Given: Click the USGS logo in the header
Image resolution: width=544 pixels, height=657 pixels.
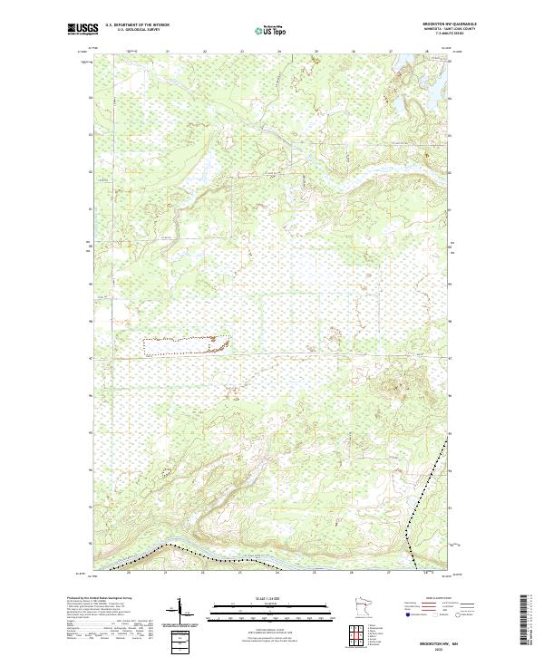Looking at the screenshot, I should (83, 30).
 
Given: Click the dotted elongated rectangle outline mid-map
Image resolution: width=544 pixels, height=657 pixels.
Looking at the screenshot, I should (185, 343).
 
